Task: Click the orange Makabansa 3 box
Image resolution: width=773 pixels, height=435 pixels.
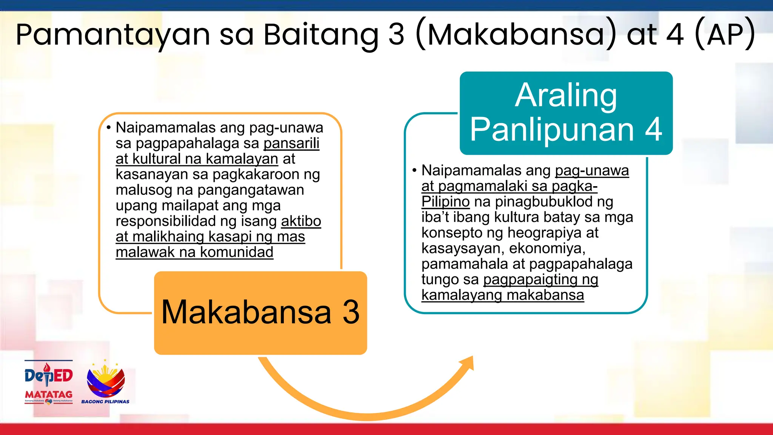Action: click(260, 313)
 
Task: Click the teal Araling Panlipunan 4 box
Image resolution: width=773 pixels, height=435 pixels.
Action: click(566, 113)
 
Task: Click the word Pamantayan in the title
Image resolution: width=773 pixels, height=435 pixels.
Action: click(112, 35)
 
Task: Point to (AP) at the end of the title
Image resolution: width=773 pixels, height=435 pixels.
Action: click(725, 35)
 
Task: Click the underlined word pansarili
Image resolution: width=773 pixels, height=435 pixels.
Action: click(291, 143)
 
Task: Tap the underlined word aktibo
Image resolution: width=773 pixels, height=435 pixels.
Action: click(301, 221)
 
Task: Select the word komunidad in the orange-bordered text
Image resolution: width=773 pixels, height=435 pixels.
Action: click(236, 252)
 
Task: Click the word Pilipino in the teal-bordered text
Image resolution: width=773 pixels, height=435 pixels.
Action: click(445, 202)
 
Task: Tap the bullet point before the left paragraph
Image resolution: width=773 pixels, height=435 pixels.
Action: click(109, 128)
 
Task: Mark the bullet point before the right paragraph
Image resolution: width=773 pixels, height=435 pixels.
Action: click(414, 170)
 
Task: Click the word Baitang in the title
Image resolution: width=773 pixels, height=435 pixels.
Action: click(321, 35)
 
